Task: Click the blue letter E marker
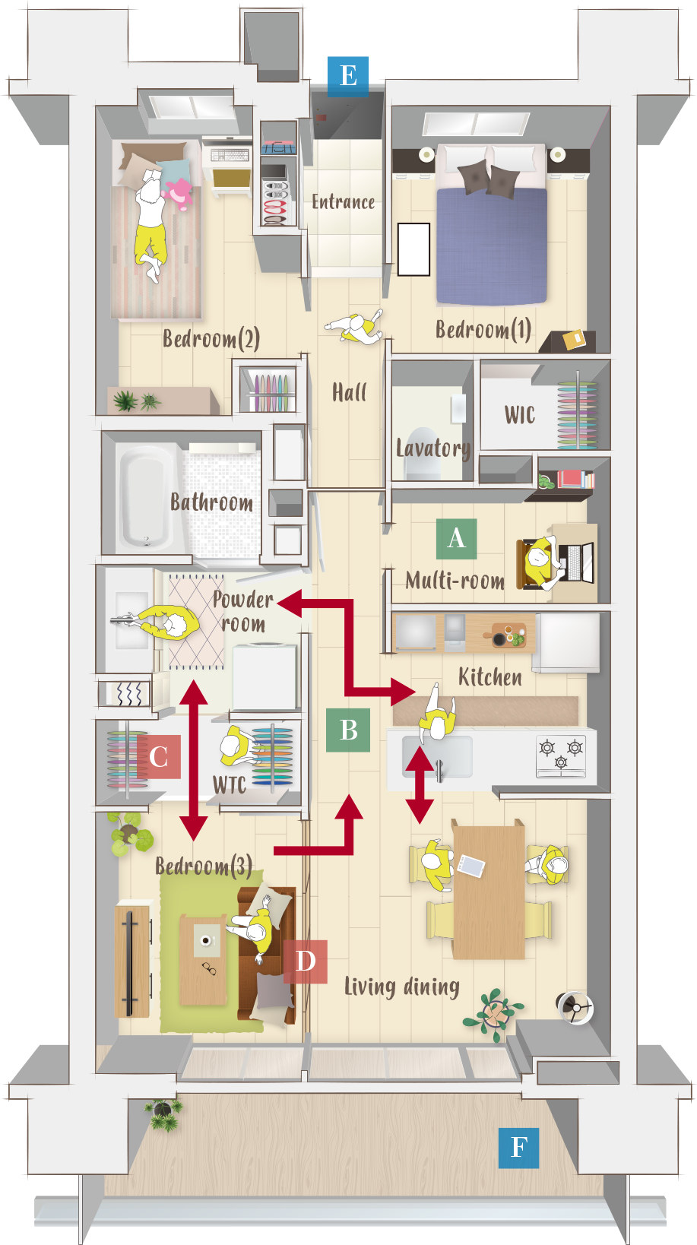click(348, 76)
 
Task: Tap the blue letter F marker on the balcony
click(518, 1147)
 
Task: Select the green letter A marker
click(456, 538)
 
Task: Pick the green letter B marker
click(348, 730)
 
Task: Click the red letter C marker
click(159, 757)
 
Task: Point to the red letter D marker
click(305, 961)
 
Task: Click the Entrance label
click(343, 202)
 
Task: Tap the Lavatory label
click(432, 448)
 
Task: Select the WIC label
click(520, 415)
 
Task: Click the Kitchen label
click(489, 677)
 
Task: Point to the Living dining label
click(401, 987)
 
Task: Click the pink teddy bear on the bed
click(179, 193)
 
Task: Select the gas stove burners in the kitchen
click(561, 756)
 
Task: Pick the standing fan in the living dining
click(575, 1009)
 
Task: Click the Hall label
click(349, 393)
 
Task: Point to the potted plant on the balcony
click(163, 1114)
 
